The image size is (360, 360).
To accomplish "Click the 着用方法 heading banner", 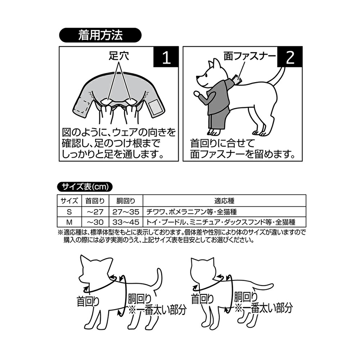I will tap(100, 36).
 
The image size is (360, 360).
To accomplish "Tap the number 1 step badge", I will tap(166, 58).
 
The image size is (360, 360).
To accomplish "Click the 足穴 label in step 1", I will tap(118, 57).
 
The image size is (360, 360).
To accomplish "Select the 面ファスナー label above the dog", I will tap(250, 57).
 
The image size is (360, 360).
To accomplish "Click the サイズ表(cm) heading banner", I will tap(85, 186).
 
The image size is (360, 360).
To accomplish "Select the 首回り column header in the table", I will tap(95, 201).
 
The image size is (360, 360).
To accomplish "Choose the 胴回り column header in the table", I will tap(126, 201).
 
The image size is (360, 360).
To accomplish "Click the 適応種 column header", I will tap(224, 201).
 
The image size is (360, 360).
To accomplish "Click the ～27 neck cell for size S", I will tap(95, 211).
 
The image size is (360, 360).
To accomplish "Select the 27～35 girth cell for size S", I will tap(126, 211).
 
